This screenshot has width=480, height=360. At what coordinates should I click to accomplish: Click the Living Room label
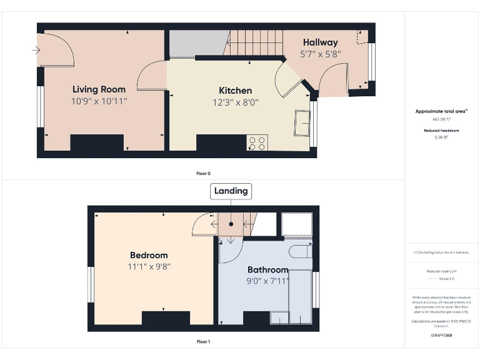[99, 89]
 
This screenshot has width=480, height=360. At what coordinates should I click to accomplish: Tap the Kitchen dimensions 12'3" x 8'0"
[235, 102]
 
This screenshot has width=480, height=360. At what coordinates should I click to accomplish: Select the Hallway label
[320, 42]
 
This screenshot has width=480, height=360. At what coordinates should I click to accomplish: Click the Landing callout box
[231, 191]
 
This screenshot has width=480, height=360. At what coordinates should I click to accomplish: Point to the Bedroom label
[149, 255]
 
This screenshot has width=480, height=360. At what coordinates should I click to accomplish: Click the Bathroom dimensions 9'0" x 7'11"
[267, 281]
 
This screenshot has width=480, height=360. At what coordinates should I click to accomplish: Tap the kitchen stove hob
[257, 143]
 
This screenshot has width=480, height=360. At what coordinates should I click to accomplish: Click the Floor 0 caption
[203, 173]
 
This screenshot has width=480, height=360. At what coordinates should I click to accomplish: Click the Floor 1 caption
[203, 342]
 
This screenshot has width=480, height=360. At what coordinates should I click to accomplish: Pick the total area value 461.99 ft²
[442, 119]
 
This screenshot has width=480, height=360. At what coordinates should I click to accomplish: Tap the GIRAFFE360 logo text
[442, 336]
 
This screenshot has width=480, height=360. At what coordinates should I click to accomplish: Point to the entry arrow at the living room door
[34, 51]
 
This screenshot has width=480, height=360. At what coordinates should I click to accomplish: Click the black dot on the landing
[231, 222]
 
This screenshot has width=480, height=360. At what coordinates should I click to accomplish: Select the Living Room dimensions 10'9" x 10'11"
[99, 101]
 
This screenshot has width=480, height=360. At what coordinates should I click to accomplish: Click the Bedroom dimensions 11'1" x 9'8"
[149, 266]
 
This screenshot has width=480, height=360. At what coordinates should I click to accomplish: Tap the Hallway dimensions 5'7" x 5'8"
[320, 54]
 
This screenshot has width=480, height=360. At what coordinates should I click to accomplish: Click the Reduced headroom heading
[442, 131]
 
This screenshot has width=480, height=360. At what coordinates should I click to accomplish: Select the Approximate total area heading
[442, 111]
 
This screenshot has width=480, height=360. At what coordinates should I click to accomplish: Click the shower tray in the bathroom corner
[297, 224]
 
